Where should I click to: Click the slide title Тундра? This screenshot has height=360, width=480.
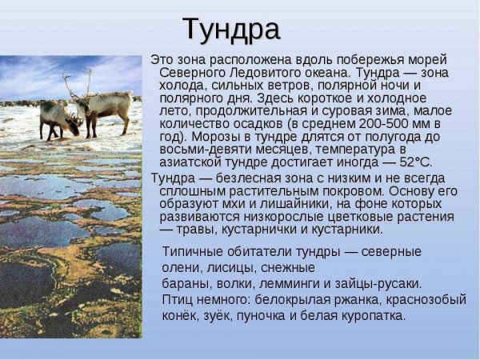[x=231, y=30]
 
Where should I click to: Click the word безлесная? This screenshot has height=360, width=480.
[x=247, y=178]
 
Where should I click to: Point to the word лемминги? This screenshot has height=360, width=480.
[x=320, y=283]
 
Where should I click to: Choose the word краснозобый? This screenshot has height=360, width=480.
[x=428, y=299]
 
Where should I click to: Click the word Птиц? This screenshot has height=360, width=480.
[x=178, y=299]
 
